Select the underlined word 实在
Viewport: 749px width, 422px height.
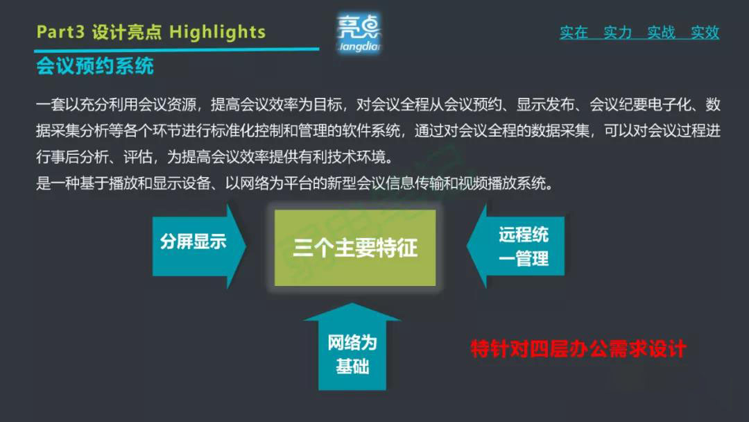(574, 33)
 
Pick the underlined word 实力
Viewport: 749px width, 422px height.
(617, 33)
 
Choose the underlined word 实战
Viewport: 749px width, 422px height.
(661, 33)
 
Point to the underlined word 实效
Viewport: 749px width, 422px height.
(705, 33)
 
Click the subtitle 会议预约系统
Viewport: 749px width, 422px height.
(95, 67)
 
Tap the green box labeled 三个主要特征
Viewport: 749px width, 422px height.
(355, 248)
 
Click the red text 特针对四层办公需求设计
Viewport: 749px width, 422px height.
(578, 348)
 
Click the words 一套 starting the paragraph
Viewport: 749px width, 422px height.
(49, 105)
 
